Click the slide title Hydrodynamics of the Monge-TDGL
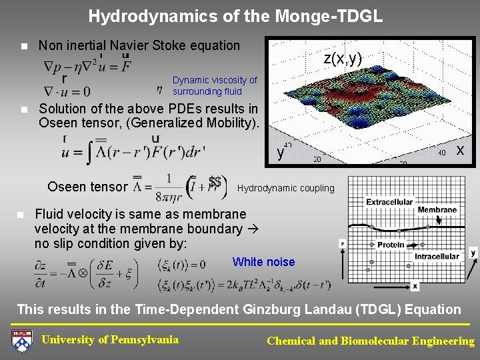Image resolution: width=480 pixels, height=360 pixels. [235, 16]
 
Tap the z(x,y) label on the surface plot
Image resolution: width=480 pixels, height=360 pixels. [343, 59]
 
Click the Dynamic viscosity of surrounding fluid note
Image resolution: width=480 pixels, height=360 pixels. [214, 85]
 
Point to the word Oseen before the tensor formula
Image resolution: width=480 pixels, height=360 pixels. [65, 187]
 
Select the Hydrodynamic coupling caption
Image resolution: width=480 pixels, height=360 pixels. [285, 188]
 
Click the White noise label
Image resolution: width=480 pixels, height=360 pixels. [263, 262]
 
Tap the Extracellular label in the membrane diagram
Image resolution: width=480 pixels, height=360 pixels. [389, 202]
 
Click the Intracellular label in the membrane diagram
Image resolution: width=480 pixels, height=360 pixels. [437, 256]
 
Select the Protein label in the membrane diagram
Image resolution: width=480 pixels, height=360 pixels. [391, 245]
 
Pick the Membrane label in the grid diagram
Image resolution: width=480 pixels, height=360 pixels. [437, 210]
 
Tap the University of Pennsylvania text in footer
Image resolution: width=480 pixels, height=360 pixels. [110, 339]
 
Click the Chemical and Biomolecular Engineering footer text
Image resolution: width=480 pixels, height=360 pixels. [371, 341]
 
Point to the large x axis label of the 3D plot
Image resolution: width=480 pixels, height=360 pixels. [460, 151]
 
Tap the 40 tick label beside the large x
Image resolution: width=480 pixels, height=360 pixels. [441, 152]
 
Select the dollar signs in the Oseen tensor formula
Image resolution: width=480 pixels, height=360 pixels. [215, 182]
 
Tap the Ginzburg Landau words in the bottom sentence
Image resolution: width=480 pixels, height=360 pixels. [290, 309]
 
